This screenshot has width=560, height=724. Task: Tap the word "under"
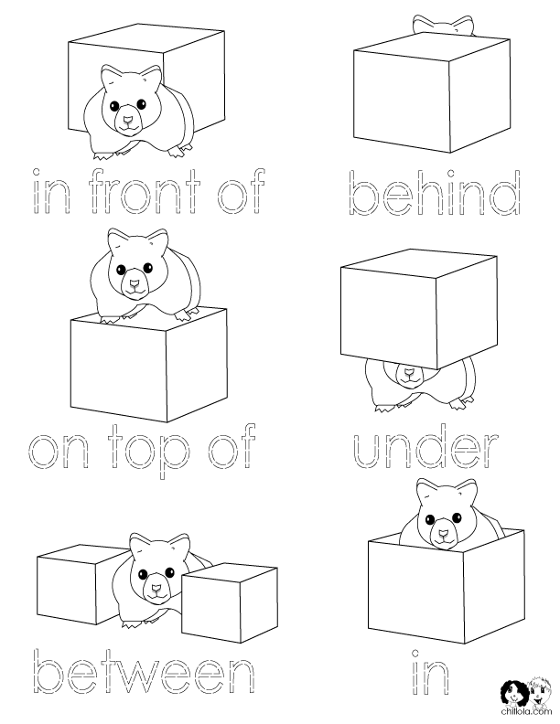(x=424, y=448)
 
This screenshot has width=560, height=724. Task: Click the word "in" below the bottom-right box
(x=427, y=672)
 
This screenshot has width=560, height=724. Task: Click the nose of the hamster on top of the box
(x=135, y=284)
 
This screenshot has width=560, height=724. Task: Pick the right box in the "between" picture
(x=230, y=600)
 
